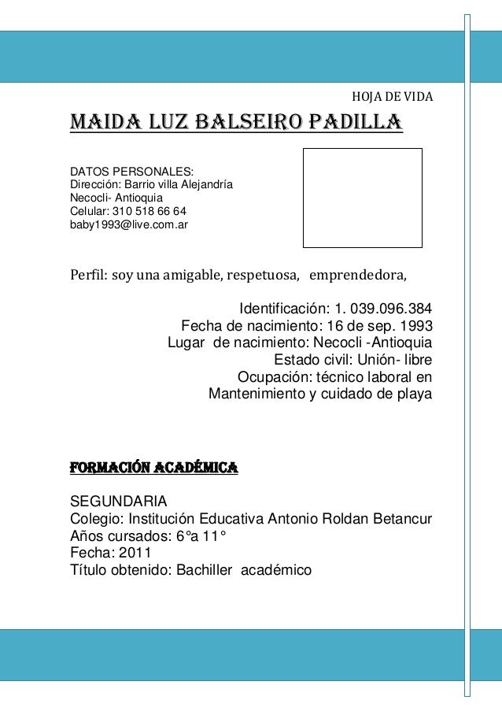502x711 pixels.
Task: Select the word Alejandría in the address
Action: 206,185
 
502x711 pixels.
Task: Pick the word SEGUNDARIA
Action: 119,502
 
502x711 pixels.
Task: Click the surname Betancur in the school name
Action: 398,519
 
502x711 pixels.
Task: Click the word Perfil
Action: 88,276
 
